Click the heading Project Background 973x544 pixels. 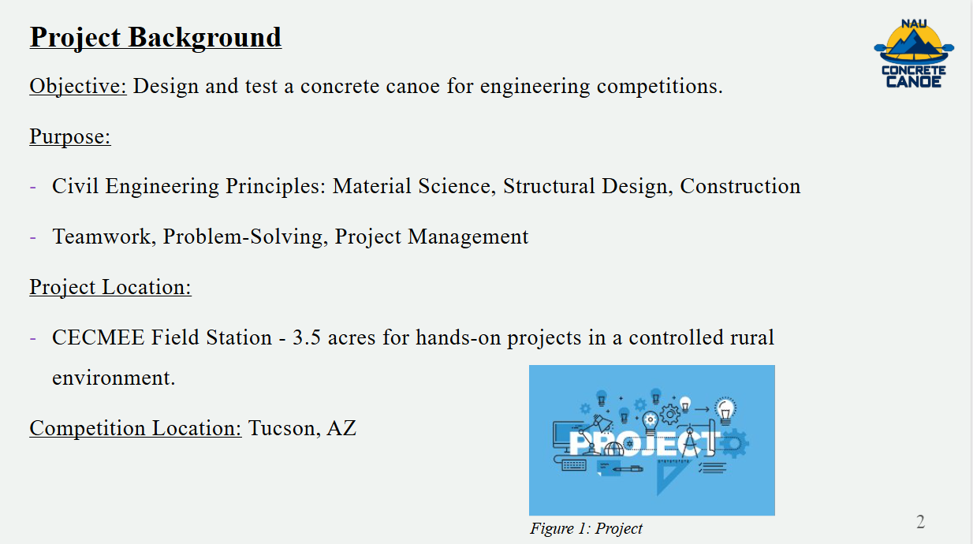155,37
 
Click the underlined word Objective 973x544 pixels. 78,86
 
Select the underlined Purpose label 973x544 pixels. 70,136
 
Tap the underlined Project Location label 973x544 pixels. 110,287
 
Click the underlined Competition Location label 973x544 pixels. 136,428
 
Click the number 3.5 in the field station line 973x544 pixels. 307,337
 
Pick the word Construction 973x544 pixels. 740,186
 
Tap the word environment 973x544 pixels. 114,378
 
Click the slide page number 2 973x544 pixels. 920,522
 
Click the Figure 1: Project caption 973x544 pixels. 586,528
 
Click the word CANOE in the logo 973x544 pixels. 914,82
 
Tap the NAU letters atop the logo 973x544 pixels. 914,24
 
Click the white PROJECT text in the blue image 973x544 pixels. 643,443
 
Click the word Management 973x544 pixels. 468,237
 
